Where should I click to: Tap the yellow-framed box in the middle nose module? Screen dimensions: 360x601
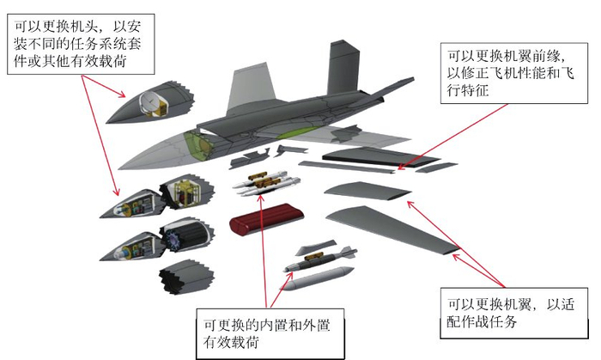pyautogui.click(x=183, y=194)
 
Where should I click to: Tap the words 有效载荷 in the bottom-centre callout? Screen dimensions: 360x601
pyautogui.click(x=232, y=342)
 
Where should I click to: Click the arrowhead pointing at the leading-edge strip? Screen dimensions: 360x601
pyautogui.click(x=404, y=163)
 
